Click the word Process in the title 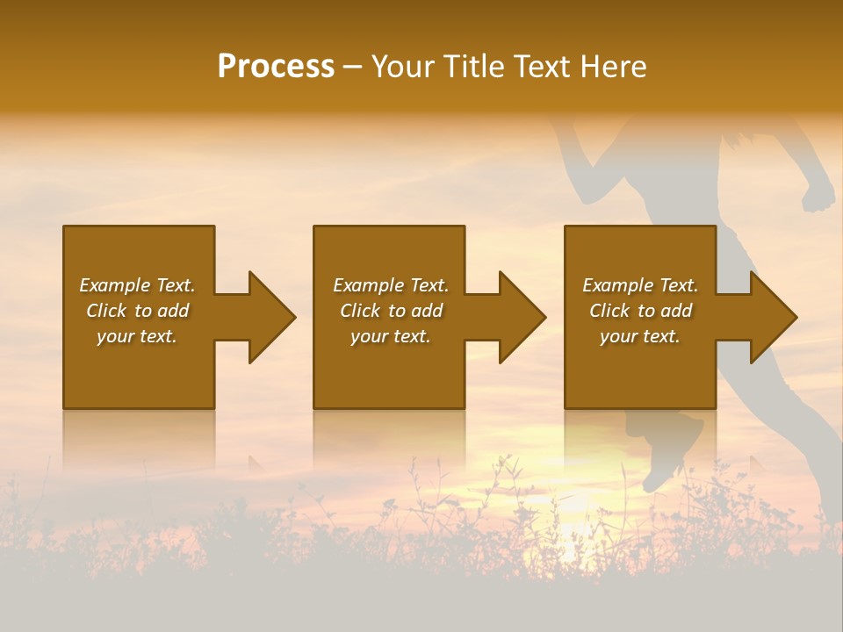pos(276,67)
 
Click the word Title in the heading pos(474,67)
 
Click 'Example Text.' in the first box pos(137,285)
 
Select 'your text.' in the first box pos(137,336)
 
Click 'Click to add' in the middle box pos(391,311)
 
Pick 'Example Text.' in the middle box pos(391,285)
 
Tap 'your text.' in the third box pos(640,336)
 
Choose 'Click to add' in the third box pos(640,311)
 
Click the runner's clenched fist pos(819,194)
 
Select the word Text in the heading pos(542,67)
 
